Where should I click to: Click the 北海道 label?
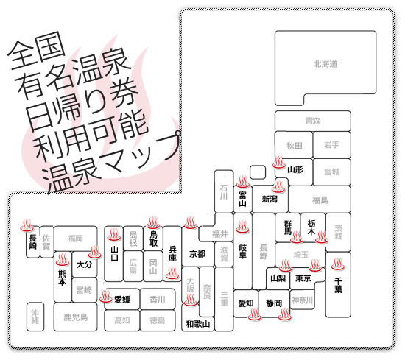[325, 64]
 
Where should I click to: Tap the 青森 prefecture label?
[313, 121]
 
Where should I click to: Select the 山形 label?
[295, 169]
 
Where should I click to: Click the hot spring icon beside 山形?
[279, 163]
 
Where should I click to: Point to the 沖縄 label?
[35, 317]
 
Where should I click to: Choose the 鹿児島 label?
[76, 317]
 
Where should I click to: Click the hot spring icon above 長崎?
[27, 225]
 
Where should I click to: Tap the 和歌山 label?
[198, 324]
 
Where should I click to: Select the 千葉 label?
[338, 285]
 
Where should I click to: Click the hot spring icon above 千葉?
[338, 264]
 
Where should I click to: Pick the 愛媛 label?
[122, 300]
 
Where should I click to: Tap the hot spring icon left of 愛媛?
[106, 296]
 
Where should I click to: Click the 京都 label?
[197, 254]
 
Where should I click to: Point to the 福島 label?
[320, 200]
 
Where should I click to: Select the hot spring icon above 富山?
[243, 182]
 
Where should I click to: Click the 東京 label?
[303, 278]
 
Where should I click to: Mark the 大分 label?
[84, 264]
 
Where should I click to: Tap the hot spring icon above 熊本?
[63, 259]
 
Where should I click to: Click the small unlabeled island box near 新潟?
[258, 172]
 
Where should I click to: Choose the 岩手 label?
[331, 144]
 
